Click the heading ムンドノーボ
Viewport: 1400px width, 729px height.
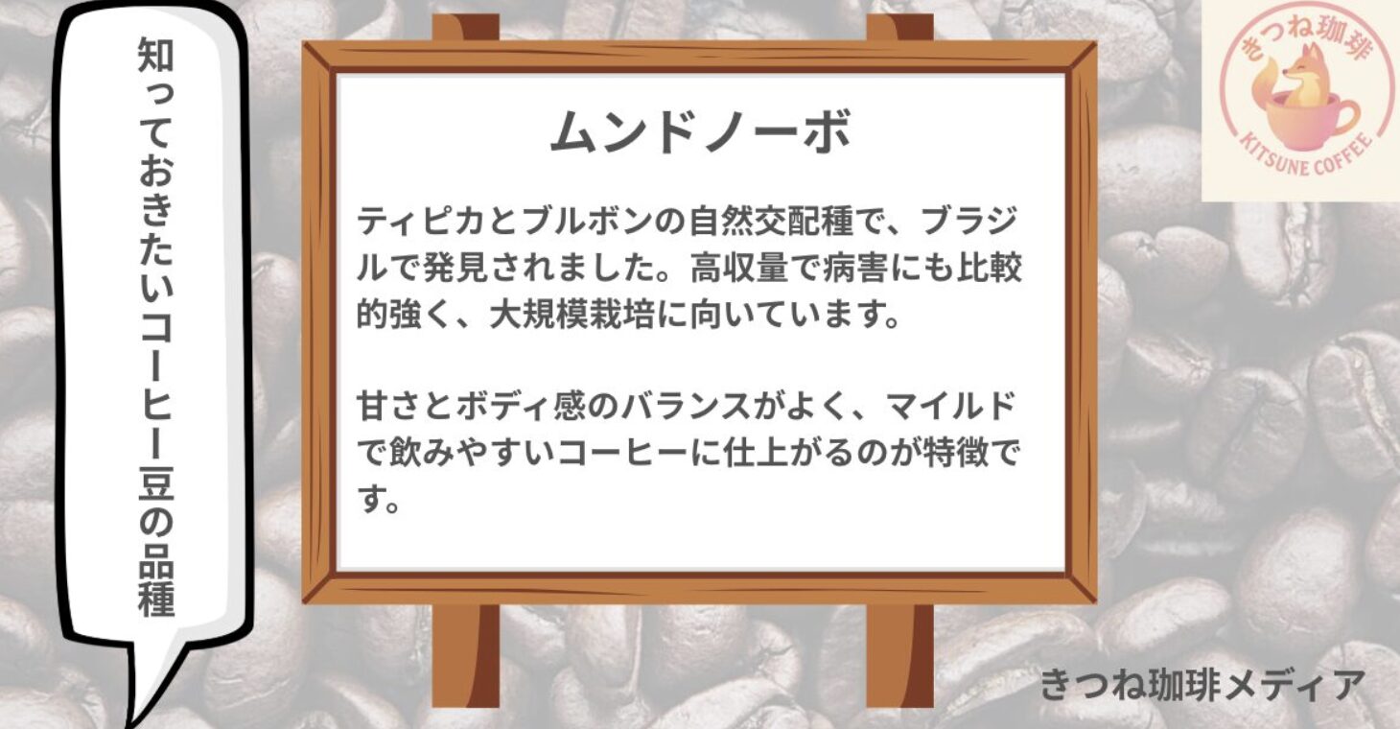coord(700,131)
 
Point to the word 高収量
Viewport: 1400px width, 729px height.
coord(738,268)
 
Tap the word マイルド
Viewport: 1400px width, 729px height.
coord(949,407)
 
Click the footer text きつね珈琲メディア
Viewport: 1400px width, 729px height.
coord(1202,685)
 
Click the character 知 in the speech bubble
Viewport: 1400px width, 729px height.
coord(155,55)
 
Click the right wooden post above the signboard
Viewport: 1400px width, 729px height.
coord(899,28)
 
